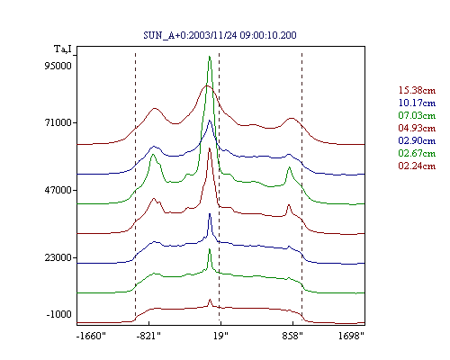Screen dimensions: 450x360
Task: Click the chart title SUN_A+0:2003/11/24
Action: coord(190,35)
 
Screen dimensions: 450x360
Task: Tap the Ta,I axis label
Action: coord(63,49)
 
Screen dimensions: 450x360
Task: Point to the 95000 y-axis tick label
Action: coord(58,66)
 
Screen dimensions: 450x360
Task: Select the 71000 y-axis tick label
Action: coord(58,122)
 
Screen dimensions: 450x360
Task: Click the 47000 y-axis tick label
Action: coord(58,190)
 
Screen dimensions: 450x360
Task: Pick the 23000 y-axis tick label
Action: coord(58,257)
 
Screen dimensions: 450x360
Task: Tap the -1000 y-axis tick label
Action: coord(59,314)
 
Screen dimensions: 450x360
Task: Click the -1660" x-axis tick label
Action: coord(91,336)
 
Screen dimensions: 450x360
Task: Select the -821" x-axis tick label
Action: coord(148,336)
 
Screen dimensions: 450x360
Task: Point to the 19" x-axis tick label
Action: coord(220,336)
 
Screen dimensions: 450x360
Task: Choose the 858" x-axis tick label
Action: coord(292,336)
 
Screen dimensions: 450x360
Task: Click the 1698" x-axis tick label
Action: coord(351,336)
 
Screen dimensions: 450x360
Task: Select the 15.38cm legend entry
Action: coord(417,90)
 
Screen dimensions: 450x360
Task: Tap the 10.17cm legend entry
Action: coord(417,103)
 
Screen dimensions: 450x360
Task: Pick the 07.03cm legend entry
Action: coord(417,115)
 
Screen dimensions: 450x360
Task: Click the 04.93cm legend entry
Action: coord(417,128)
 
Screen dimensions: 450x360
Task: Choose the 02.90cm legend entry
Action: coord(417,140)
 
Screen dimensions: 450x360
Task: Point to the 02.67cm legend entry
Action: coord(417,153)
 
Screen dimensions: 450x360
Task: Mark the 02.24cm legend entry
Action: coord(417,166)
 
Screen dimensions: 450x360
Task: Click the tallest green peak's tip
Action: coord(210,57)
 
